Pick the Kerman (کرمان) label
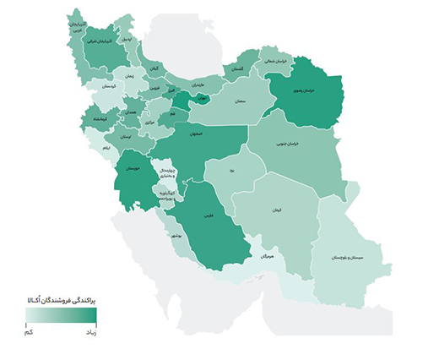click(x=277, y=210)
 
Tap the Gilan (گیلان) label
click(x=154, y=67)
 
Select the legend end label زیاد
click(x=91, y=334)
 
